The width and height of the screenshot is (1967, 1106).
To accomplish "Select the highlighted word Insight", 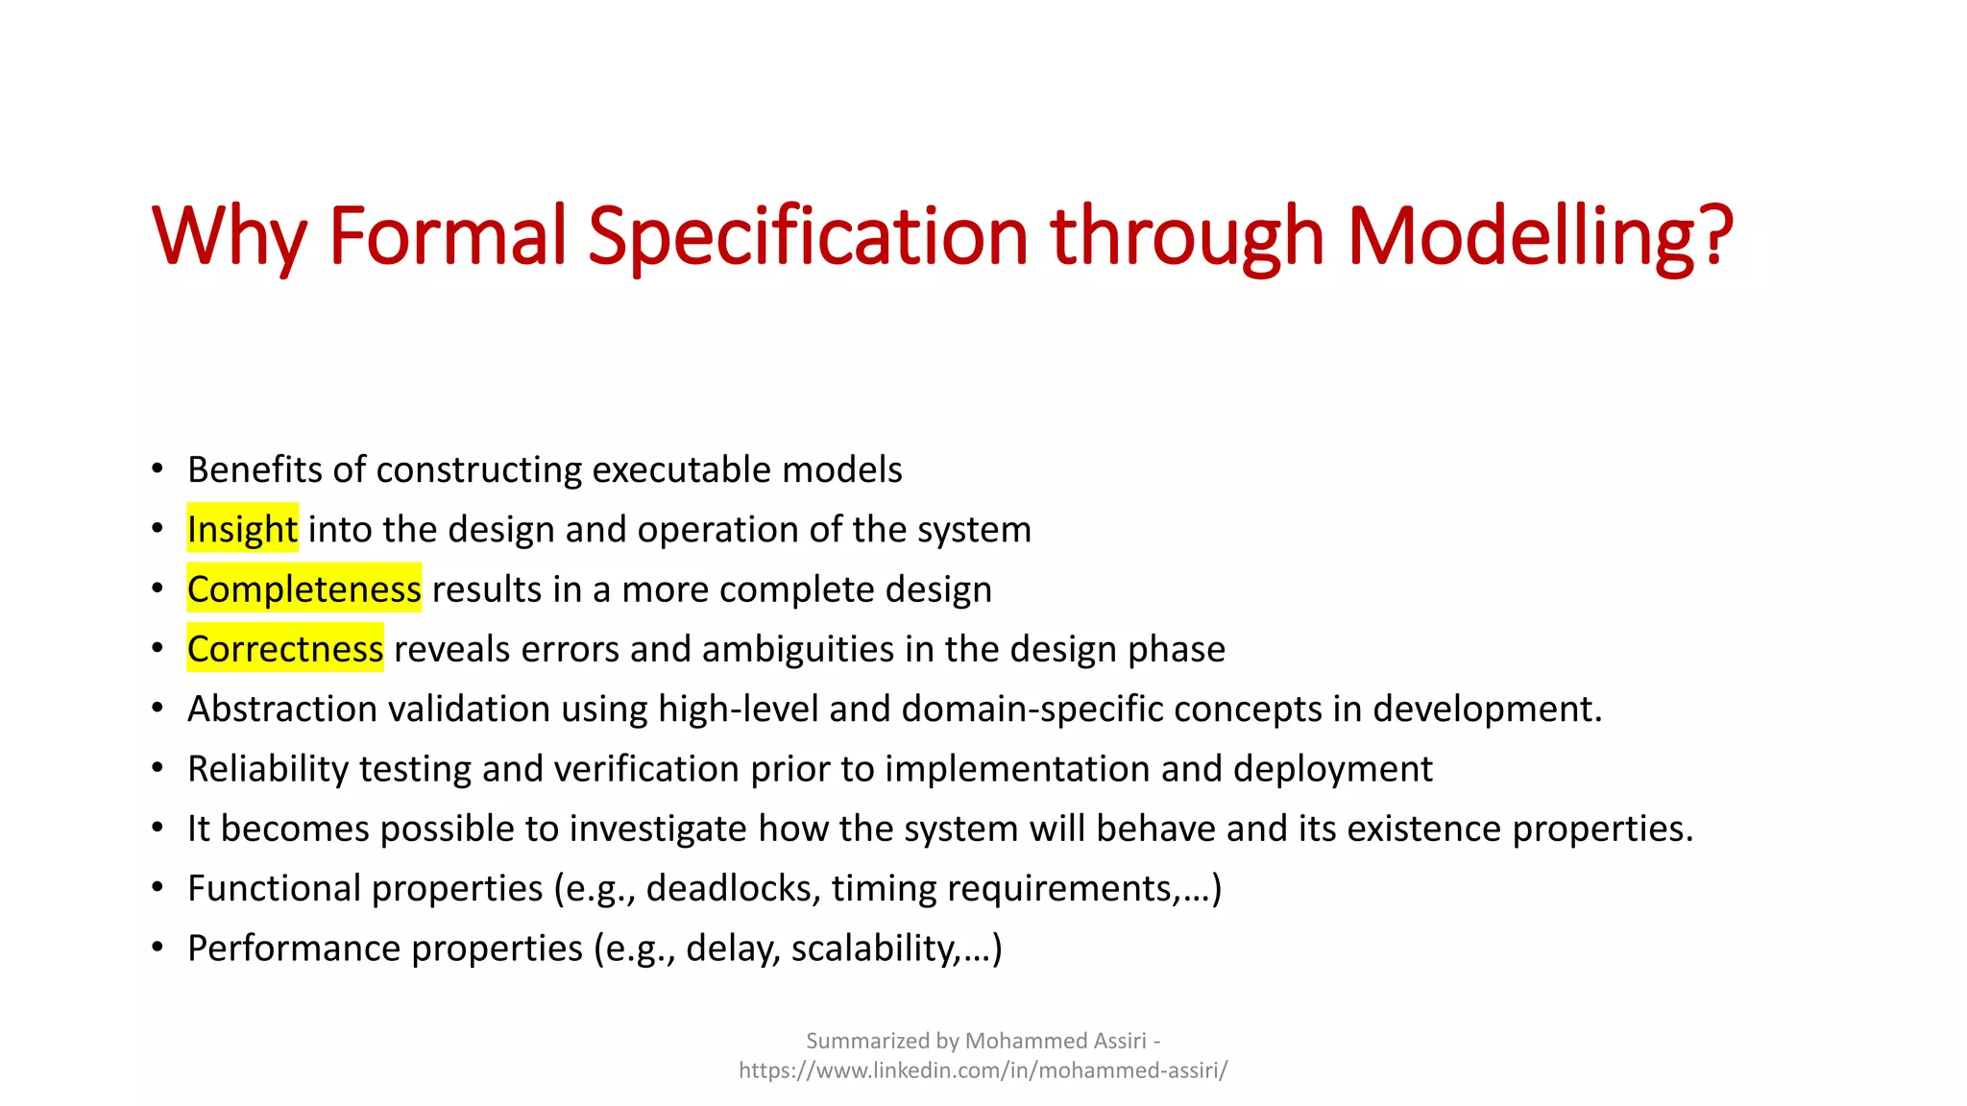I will coord(242,529).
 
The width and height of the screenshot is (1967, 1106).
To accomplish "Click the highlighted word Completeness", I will coord(304,589).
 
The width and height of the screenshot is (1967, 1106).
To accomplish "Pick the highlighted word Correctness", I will coord(285,649).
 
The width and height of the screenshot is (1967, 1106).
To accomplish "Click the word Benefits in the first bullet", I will coord(255,469).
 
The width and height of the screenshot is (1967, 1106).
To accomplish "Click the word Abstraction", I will coord(282,709).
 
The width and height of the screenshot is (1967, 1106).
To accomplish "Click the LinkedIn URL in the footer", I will coord(983,1070).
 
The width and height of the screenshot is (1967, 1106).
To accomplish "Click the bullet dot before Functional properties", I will coord(158,888).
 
